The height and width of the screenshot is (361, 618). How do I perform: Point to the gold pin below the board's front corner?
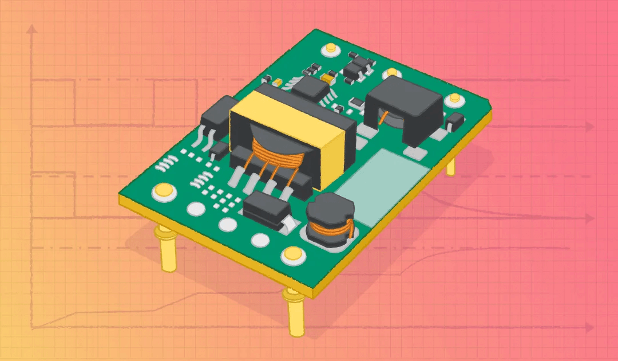coord(294,312)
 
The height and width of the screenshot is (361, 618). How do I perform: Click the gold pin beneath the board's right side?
coord(451,166)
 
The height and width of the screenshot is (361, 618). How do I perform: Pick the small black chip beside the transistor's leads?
coord(219,150)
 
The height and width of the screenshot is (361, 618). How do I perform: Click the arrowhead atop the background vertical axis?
coord(34,28)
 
